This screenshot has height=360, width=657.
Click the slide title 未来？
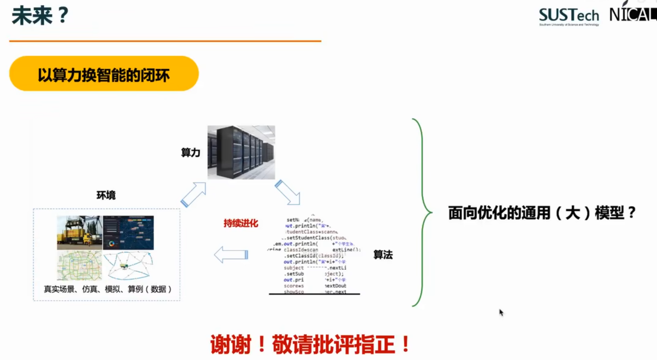tap(40, 16)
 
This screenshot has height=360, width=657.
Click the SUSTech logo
tap(569, 17)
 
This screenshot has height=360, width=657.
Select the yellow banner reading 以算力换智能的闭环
tap(104, 74)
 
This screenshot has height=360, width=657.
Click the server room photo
tap(241, 152)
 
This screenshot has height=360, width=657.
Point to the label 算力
tap(190, 152)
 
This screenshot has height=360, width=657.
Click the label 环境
tap(106, 195)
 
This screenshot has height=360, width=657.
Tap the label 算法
tap(383, 255)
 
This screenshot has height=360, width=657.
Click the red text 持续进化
tap(241, 223)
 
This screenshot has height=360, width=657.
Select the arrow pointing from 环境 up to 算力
tap(193, 194)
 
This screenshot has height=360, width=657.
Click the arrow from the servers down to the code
tap(288, 192)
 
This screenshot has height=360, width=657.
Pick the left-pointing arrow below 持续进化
tap(231, 255)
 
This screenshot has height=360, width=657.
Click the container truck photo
tap(80, 232)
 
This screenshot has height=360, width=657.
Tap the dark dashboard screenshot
tap(128, 232)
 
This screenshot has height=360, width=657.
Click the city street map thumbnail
tap(80, 265)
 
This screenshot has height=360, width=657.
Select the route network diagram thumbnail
tap(128, 265)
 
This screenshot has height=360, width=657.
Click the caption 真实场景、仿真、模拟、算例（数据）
tap(108, 289)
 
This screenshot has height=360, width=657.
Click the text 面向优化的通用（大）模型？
tap(542, 213)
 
